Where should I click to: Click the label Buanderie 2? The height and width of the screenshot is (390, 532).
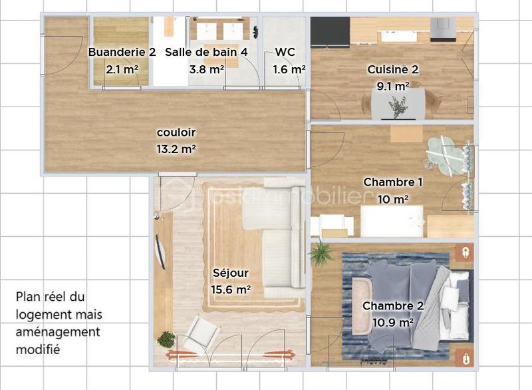click(122, 52)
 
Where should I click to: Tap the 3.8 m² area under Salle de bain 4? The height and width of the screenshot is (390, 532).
click(206, 69)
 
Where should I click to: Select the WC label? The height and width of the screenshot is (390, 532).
click(285, 52)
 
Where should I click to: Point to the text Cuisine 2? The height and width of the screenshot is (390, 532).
click(393, 69)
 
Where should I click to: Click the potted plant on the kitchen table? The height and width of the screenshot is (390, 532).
click(398, 106)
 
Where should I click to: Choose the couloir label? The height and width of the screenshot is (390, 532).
click(176, 132)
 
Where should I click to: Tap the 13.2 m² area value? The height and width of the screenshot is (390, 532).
click(176, 149)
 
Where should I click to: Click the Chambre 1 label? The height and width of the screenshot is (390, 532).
click(393, 182)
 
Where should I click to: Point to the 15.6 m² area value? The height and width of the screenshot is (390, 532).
click(231, 290)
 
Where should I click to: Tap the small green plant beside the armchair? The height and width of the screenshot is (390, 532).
click(166, 340)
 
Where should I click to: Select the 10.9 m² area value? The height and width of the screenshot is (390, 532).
click(393, 323)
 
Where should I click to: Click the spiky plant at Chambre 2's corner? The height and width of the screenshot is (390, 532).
click(322, 253)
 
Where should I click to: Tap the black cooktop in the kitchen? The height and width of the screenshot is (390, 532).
click(330, 29)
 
